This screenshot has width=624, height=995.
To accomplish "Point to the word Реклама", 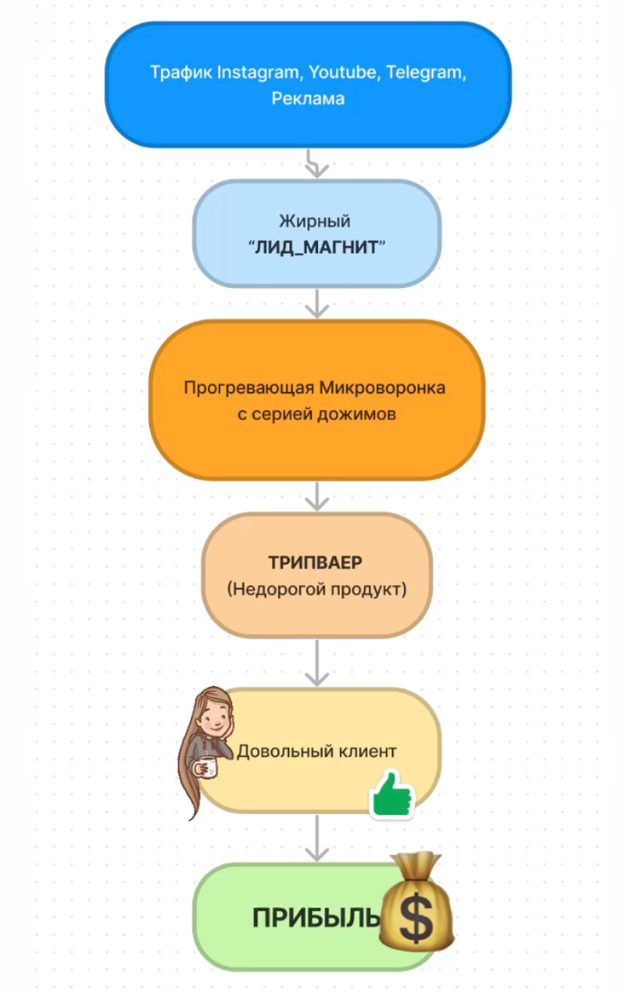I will point(308,99).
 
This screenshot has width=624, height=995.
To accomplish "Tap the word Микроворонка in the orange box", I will point(383,388).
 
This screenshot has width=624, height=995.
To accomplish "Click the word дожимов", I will point(362,414).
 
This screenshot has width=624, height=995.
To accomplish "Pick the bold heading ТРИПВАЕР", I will point(316,563).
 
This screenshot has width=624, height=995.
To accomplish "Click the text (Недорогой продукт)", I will point(316,589).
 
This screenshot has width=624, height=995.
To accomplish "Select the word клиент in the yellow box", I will point(364,752).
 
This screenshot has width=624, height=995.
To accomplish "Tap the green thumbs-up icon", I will point(392,794).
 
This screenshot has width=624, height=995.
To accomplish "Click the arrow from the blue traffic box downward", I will point(317,163).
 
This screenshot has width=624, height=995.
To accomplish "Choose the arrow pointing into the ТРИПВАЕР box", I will point(317,496).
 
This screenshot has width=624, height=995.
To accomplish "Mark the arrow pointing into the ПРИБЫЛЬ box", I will point(317,838).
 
